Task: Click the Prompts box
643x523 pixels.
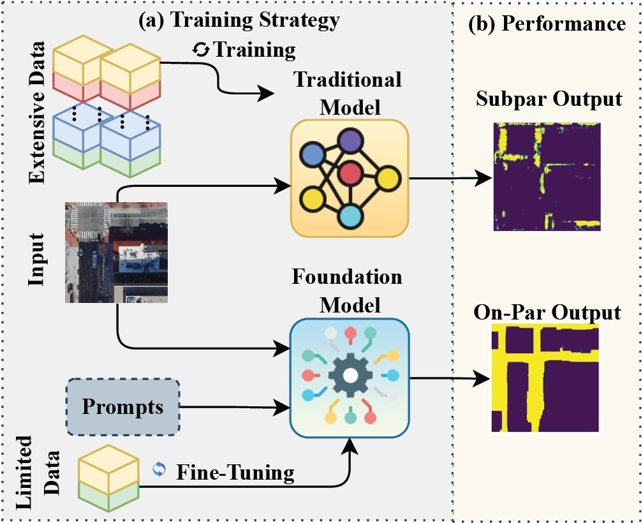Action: [122, 408]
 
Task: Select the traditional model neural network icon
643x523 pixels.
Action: [349, 177]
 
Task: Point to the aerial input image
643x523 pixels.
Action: [116, 251]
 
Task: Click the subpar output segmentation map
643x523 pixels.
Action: [547, 175]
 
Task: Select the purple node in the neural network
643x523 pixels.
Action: [350, 141]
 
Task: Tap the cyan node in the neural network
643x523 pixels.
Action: [350, 216]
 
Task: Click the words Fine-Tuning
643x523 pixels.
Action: [235, 472]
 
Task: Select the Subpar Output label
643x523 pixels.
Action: [548, 99]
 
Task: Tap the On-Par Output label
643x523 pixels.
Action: [547, 313]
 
